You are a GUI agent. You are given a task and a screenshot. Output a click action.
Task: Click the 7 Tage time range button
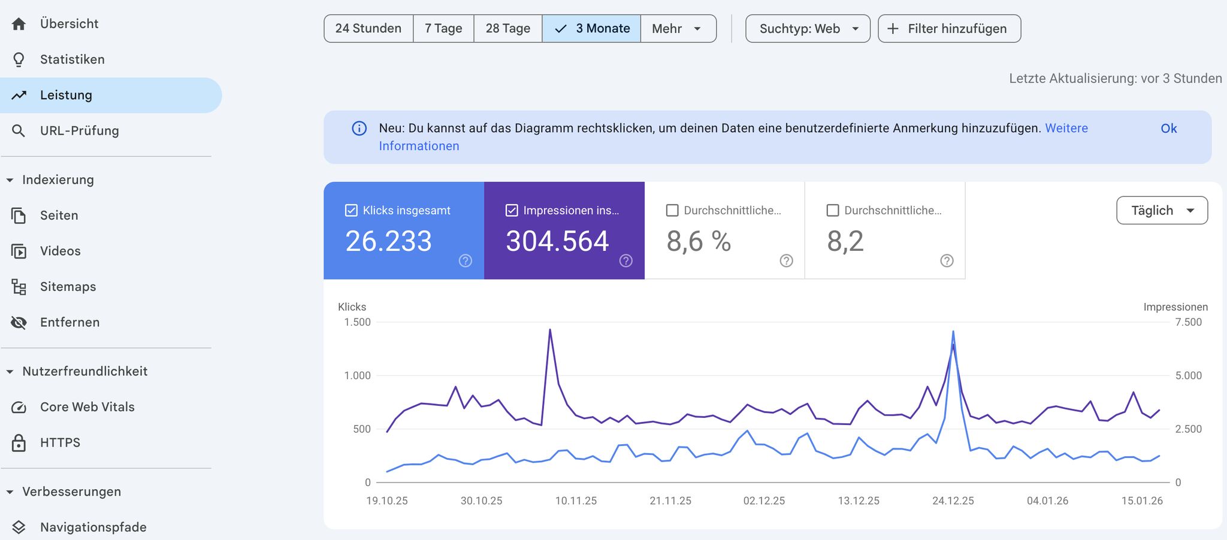(x=443, y=29)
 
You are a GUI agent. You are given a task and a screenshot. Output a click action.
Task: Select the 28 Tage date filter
(x=507, y=29)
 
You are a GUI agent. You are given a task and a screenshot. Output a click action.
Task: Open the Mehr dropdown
(x=678, y=29)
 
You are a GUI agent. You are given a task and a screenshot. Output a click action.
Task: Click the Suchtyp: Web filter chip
(x=807, y=29)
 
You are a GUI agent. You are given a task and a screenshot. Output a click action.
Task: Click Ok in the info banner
(x=1168, y=129)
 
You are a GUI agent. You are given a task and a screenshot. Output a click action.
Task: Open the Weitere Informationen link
(x=1066, y=129)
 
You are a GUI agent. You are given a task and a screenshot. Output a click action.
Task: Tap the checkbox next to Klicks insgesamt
(x=352, y=211)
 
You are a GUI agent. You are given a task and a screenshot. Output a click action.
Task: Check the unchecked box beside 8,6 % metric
(x=672, y=211)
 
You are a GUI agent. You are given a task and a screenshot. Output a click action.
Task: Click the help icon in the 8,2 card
(x=947, y=260)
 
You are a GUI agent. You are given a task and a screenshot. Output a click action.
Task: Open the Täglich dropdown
(x=1161, y=211)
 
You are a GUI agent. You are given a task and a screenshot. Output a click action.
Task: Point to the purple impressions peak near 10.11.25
(x=550, y=330)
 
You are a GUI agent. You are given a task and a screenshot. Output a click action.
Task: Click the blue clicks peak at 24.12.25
(x=953, y=332)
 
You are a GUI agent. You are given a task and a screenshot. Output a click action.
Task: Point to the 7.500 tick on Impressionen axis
(x=1188, y=322)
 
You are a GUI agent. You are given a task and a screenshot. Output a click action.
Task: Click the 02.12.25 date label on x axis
(x=764, y=501)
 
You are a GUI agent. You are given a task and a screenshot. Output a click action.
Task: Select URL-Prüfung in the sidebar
(x=79, y=131)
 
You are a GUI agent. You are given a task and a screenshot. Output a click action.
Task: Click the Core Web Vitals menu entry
(x=87, y=407)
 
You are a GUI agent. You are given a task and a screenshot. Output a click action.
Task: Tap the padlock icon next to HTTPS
(x=19, y=443)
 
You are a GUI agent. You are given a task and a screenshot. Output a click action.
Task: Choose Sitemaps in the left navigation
(x=68, y=287)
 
